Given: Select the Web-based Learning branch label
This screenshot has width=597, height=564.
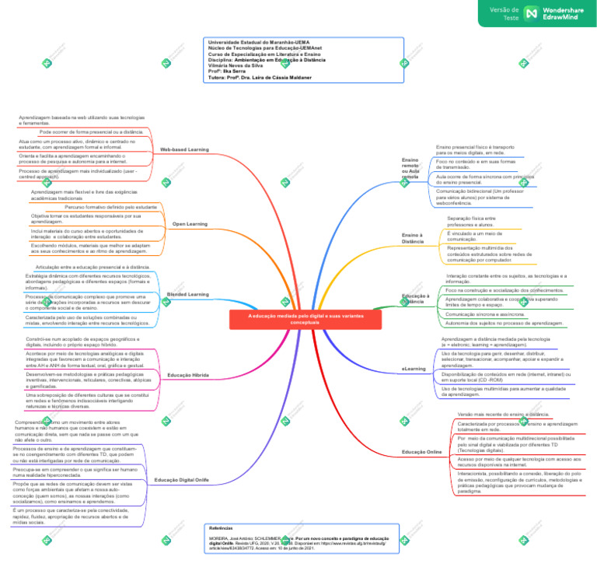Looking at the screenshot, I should coord(184,149).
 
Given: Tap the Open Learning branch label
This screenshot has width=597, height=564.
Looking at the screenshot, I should coord(190,223).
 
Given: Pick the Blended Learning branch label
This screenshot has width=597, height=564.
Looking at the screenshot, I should coord(187,294).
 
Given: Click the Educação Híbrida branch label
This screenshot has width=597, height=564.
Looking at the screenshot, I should coord(187,375).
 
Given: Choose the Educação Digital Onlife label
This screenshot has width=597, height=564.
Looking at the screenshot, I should coord(181,480).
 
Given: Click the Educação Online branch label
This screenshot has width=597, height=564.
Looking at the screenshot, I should coord(421,451).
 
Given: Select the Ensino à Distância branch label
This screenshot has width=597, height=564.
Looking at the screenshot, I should coord(413,237).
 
